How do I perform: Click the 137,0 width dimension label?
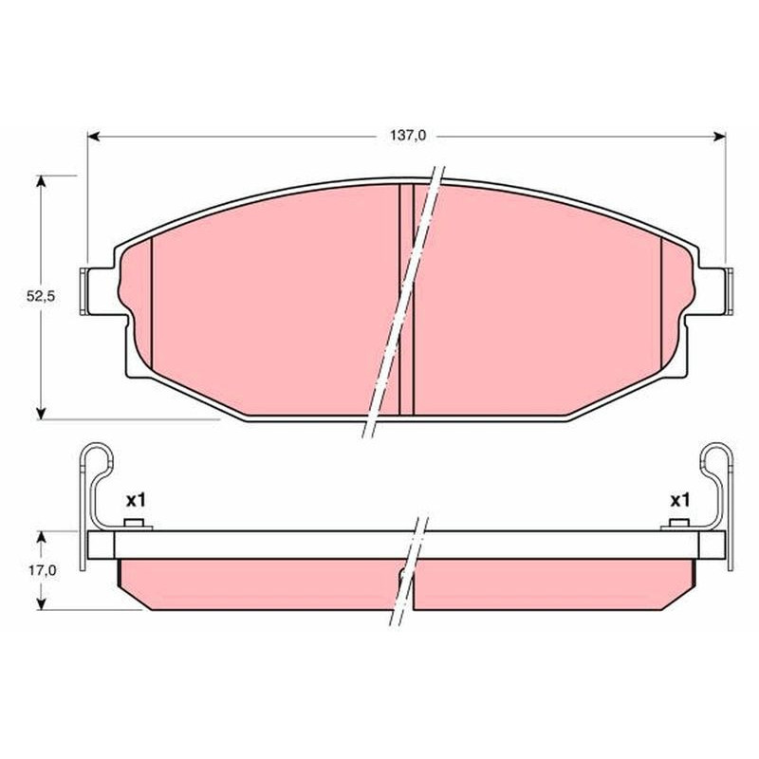pos(408,136)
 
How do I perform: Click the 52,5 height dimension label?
pos(41,297)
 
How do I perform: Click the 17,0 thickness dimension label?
pos(42,571)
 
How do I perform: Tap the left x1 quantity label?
pos(136,501)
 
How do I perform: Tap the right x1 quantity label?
pos(679,501)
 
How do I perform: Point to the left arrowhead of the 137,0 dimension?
pos(94,137)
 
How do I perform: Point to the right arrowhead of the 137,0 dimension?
pos(719,137)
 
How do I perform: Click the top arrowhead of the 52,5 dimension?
pos(42,181)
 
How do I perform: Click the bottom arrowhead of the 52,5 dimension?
pos(42,413)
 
